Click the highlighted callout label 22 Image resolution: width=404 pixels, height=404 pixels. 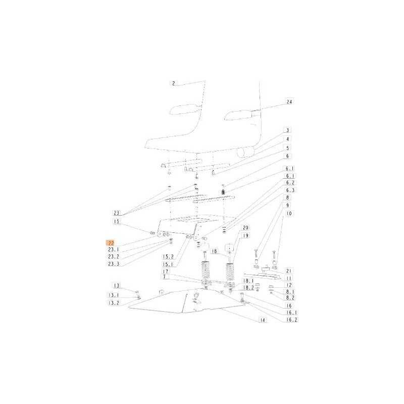[111, 243]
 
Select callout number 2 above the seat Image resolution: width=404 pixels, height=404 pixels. [173, 83]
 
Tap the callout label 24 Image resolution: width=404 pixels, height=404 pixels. [289, 102]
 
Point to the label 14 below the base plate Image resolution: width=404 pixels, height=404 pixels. [263, 320]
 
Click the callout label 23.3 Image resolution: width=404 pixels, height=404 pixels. [114, 264]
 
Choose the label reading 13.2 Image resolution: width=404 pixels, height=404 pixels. [114, 303]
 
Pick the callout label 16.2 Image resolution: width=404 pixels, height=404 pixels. [291, 320]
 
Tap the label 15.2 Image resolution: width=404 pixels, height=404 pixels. [168, 257]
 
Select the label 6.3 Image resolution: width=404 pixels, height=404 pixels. [290, 190]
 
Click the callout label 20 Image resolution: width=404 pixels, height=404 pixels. [245, 228]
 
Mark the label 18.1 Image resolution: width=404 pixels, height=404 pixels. [248, 281]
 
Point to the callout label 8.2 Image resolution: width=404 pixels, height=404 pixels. [290, 297]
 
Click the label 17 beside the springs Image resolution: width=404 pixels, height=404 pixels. [166, 271]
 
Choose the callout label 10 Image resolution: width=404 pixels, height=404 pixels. [289, 213]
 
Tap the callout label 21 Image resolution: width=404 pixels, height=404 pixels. [289, 271]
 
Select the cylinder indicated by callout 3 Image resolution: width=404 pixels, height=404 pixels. [246, 152]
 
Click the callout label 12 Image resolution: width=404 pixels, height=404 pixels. [289, 285]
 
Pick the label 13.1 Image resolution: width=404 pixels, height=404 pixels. [114, 295]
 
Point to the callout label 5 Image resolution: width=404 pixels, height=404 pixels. [287, 148]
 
